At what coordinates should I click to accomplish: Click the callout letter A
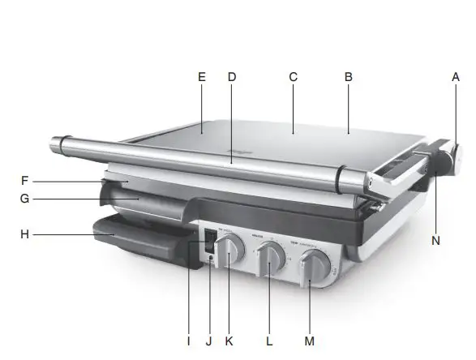pos(456,77)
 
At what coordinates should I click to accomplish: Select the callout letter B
pos(349,77)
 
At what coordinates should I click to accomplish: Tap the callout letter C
pos(294,77)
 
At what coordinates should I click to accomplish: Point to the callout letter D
pos(231,77)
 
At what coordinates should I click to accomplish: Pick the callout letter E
pos(202,77)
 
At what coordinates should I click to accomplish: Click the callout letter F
pos(25,181)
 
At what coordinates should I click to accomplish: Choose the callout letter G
pos(25,197)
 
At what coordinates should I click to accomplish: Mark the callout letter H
pos(25,235)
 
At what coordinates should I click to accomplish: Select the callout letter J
pos(208,341)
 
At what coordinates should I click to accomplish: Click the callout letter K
pos(229,341)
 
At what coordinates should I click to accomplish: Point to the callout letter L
pos(269,341)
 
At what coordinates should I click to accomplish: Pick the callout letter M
pos(309,341)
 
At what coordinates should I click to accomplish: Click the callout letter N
pos(437,240)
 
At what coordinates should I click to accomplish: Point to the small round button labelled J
pos(211,259)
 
